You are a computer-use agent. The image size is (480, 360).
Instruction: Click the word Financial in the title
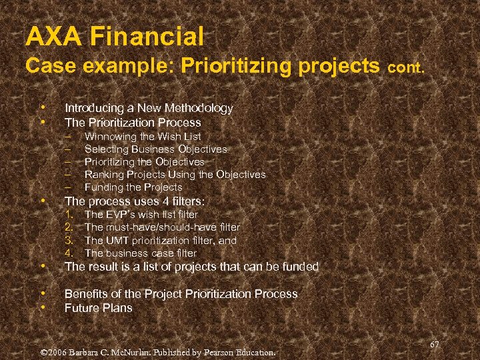click(147, 35)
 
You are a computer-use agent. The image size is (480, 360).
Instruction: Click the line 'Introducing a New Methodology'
click(149, 108)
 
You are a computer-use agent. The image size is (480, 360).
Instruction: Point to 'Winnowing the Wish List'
click(143, 137)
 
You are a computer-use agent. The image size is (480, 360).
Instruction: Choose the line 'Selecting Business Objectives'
click(155, 149)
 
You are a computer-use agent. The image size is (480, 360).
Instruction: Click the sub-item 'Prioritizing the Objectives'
click(144, 162)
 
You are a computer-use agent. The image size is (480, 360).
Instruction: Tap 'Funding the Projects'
click(133, 187)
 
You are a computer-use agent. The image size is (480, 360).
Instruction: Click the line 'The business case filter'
click(141, 253)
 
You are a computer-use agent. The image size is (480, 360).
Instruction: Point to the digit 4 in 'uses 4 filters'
click(153, 201)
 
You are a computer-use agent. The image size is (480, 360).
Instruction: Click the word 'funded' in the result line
click(301, 267)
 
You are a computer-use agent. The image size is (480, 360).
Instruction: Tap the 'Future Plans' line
click(98, 308)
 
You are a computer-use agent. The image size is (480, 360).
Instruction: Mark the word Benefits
click(86, 294)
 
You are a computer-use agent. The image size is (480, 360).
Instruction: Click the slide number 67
click(435, 344)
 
